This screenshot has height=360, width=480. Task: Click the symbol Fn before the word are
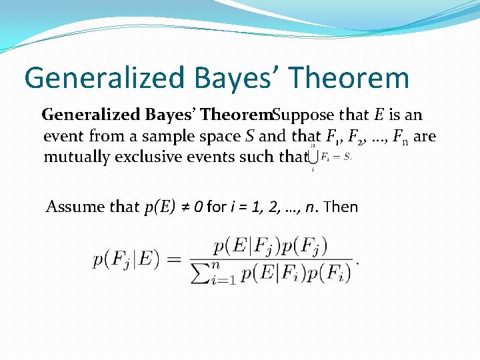400,137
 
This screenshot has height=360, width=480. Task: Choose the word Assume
73,207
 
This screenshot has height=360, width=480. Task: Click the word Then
341,207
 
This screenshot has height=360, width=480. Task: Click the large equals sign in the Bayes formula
173,260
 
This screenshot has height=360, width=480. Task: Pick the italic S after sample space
248,136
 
